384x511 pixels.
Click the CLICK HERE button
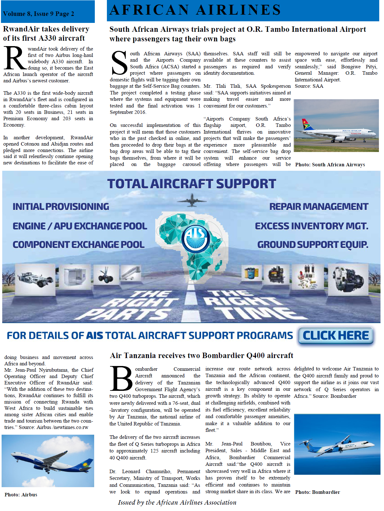[336, 336]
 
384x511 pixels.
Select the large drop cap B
[121, 378]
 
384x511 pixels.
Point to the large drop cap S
[119, 63]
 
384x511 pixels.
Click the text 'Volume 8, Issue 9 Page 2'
[38, 14]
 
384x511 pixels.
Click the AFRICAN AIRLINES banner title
[195, 10]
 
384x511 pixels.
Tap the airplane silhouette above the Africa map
[192, 200]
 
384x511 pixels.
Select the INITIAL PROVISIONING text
[61, 207]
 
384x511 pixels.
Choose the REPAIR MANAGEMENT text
[318, 207]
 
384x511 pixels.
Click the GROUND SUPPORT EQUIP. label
[312, 245]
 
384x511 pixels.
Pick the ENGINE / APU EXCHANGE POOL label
[80, 226]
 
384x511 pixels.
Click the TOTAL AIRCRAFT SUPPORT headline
[192, 184]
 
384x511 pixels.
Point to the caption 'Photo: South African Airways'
[330, 165]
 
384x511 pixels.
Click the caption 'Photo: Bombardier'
[318, 492]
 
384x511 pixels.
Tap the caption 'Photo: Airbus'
[21, 495]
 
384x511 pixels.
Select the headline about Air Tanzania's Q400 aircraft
[201, 356]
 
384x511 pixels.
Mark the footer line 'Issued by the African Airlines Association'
[177, 502]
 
